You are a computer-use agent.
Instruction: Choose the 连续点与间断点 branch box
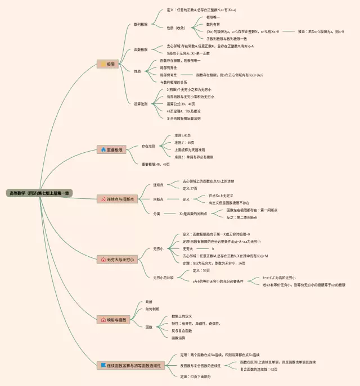(118, 199)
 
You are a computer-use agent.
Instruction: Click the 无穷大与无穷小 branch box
(117, 260)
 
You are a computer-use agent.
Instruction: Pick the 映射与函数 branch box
(114, 319)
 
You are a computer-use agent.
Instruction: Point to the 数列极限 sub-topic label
(141, 24)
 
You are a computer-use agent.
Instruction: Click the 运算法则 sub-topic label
(141, 104)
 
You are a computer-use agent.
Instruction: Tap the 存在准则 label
(148, 146)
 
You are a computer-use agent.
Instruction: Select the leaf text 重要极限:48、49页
(155, 164)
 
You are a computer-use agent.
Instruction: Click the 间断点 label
(159, 199)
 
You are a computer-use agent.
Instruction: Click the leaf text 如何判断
(152, 309)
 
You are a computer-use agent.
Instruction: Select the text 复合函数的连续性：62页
(259, 369)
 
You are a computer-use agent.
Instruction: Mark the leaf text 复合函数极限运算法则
(183, 119)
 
